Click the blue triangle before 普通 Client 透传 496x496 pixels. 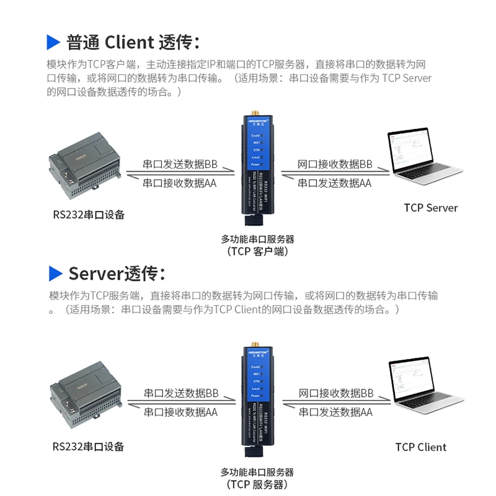pyautogui.click(x=54, y=42)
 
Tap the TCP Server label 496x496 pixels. pyautogui.click(x=430, y=208)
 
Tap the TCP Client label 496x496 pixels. pyautogui.click(x=420, y=447)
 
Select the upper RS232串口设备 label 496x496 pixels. pyautogui.click(x=89, y=215)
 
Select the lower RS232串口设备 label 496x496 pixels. pyautogui.click(x=89, y=446)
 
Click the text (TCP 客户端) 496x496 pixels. pyautogui.click(x=257, y=251)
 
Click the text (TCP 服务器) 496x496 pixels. pyautogui.click(x=257, y=484)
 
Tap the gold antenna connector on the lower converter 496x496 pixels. pyautogui.click(x=254, y=345)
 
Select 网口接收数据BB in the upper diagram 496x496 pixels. pyautogui.click(x=335, y=164)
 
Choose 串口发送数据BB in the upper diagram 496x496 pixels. pyautogui.click(x=180, y=164)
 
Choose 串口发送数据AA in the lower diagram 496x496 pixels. pyautogui.click(x=335, y=412)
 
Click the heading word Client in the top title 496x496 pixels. pyautogui.click(x=129, y=42)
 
